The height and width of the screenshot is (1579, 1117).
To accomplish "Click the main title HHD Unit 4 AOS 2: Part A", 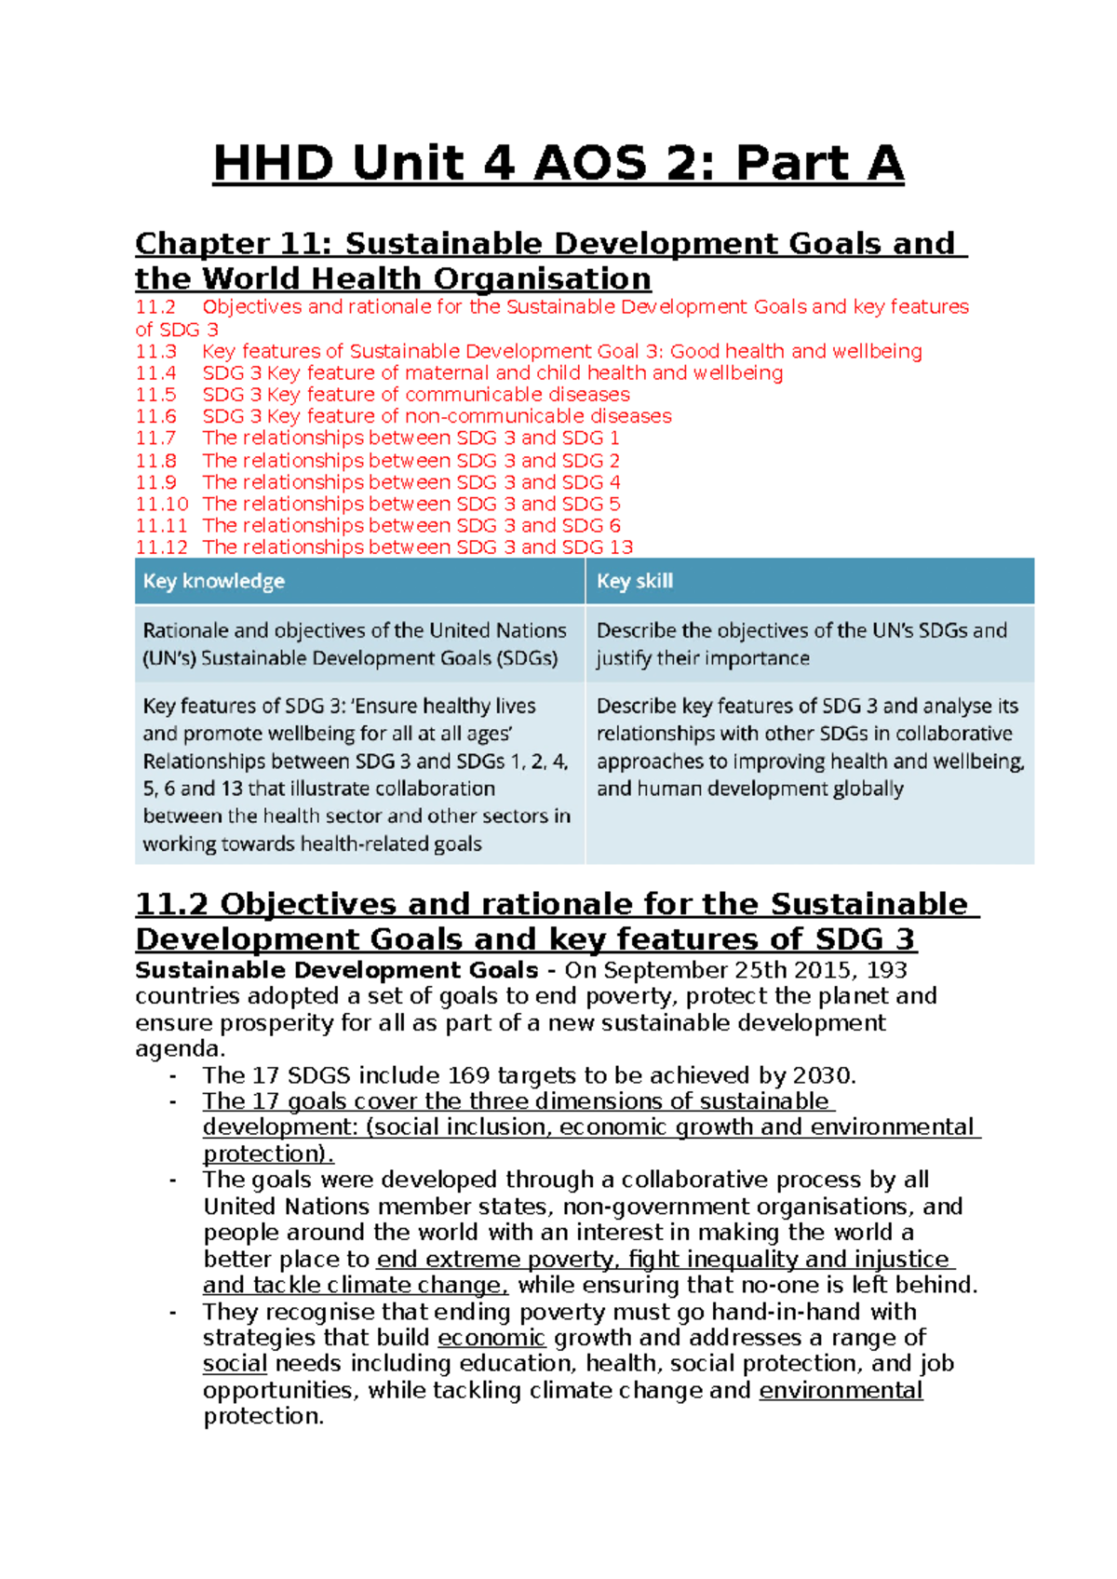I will [558, 164].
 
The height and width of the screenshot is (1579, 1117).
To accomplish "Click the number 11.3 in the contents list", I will [155, 352].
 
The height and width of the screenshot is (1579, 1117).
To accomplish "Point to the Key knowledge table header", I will [214, 581].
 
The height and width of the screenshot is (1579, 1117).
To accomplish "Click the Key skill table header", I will [634, 581].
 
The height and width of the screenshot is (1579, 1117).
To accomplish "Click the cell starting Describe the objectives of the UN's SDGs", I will [801, 644].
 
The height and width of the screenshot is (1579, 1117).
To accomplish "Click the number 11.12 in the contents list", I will [161, 547].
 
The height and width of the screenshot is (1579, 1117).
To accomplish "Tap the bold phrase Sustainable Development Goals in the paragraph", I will [336, 970].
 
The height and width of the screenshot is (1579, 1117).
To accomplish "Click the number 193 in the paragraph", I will [886, 970].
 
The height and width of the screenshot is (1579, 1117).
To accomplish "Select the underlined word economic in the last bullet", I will [491, 1338].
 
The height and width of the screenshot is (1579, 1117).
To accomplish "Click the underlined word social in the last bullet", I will [235, 1364].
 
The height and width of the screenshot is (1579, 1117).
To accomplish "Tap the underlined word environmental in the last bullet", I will [841, 1390].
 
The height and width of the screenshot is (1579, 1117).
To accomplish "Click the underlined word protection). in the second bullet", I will [267, 1154].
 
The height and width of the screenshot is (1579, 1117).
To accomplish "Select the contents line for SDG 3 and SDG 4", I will [410, 482].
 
